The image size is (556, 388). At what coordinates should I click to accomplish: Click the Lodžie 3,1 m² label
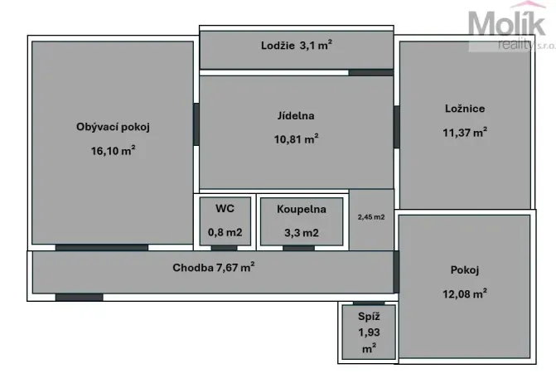pos(296,46)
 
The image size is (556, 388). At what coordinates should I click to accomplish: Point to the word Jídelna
pos(296,116)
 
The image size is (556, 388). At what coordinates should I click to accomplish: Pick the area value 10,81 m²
pos(296,139)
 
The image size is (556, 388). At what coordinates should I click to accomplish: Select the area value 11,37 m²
pos(464,131)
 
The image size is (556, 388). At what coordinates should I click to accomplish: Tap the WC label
pos(224,210)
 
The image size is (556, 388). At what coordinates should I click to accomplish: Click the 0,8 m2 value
pos(224,233)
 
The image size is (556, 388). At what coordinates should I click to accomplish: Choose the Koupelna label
pos(301,210)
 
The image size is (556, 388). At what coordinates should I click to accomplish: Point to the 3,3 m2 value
pos(300,233)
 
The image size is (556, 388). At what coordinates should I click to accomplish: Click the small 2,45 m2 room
pos(370,218)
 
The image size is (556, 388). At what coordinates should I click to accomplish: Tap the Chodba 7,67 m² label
pos(213,267)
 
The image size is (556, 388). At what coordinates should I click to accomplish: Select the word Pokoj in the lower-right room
pos(464,269)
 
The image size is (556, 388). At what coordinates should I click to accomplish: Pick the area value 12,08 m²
pos(464,293)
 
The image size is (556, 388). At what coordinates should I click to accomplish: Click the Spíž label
pos(368,317)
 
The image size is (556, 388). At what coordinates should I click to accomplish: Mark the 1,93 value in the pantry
pos(368,332)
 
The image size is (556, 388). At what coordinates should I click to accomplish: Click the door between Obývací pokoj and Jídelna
pos(196,124)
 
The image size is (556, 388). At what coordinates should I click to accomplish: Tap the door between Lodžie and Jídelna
pos(370,72)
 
